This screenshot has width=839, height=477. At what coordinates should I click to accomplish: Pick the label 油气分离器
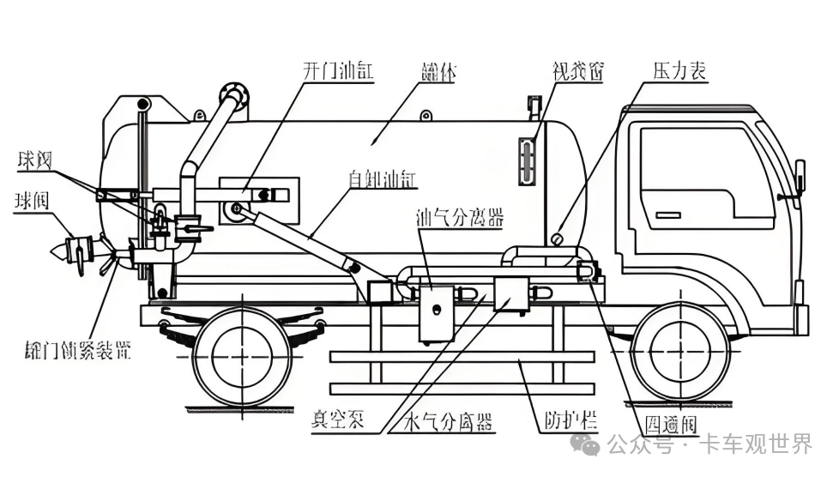(x=458, y=218)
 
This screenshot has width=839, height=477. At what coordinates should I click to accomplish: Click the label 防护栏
(x=570, y=422)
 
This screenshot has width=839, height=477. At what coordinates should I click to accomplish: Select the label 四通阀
(x=667, y=425)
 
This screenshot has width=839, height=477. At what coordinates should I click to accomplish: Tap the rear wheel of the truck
(x=241, y=352)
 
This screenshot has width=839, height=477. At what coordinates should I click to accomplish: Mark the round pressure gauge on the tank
(x=558, y=238)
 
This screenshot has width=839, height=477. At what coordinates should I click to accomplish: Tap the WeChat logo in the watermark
(x=589, y=444)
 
